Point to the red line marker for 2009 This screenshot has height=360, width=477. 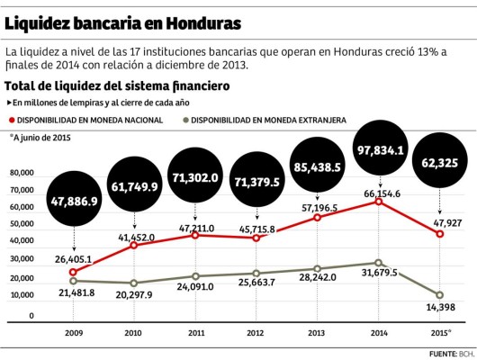pos(73,272)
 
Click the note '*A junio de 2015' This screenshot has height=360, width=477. pos(40,137)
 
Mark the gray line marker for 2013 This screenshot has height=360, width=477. pos(318,269)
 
